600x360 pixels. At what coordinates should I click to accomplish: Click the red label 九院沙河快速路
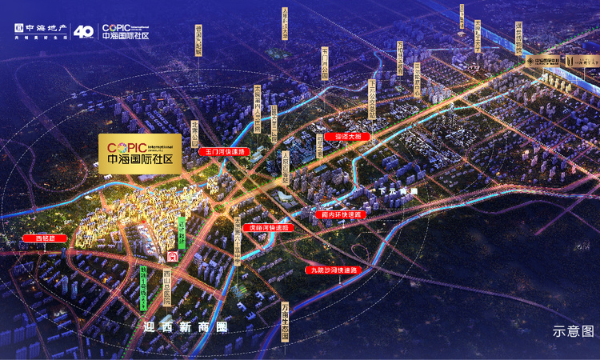(x=336, y=270)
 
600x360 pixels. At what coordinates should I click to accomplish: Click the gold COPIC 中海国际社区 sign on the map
(x=140, y=150)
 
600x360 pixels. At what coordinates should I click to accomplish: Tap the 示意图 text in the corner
(x=574, y=331)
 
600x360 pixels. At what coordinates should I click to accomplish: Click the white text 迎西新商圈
(x=185, y=326)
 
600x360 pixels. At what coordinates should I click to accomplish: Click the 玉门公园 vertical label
(x=325, y=62)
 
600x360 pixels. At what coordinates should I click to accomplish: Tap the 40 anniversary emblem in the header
(x=84, y=31)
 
